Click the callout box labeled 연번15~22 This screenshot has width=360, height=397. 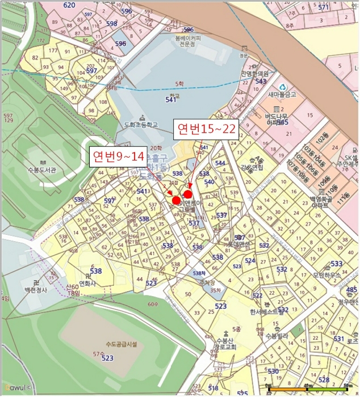click(x=206, y=129)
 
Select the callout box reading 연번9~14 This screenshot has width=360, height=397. click(x=119, y=156)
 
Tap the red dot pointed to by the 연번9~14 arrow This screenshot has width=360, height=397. click(x=176, y=200)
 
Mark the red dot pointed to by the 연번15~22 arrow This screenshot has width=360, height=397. click(x=187, y=194)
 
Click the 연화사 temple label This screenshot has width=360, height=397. click(x=87, y=283)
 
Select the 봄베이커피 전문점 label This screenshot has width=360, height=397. click(x=177, y=39)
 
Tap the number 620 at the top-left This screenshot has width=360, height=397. click(x=69, y=5)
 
